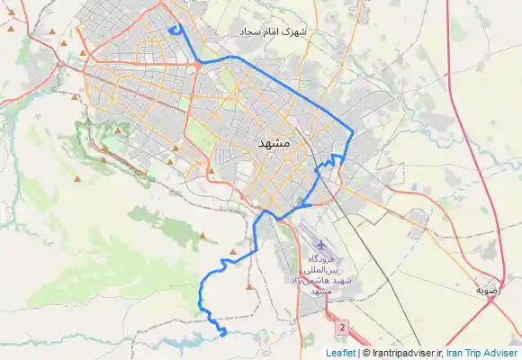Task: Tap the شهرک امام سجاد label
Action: (x=274, y=31)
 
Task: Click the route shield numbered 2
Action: (x=342, y=327)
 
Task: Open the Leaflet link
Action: (x=340, y=353)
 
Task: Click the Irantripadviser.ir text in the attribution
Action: (x=403, y=353)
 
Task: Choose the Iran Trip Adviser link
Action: (x=482, y=353)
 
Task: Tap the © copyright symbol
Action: (x=364, y=353)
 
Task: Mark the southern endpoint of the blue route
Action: (x=222, y=334)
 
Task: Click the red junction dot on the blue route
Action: (x=196, y=65)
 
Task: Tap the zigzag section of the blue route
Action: (x=331, y=162)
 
